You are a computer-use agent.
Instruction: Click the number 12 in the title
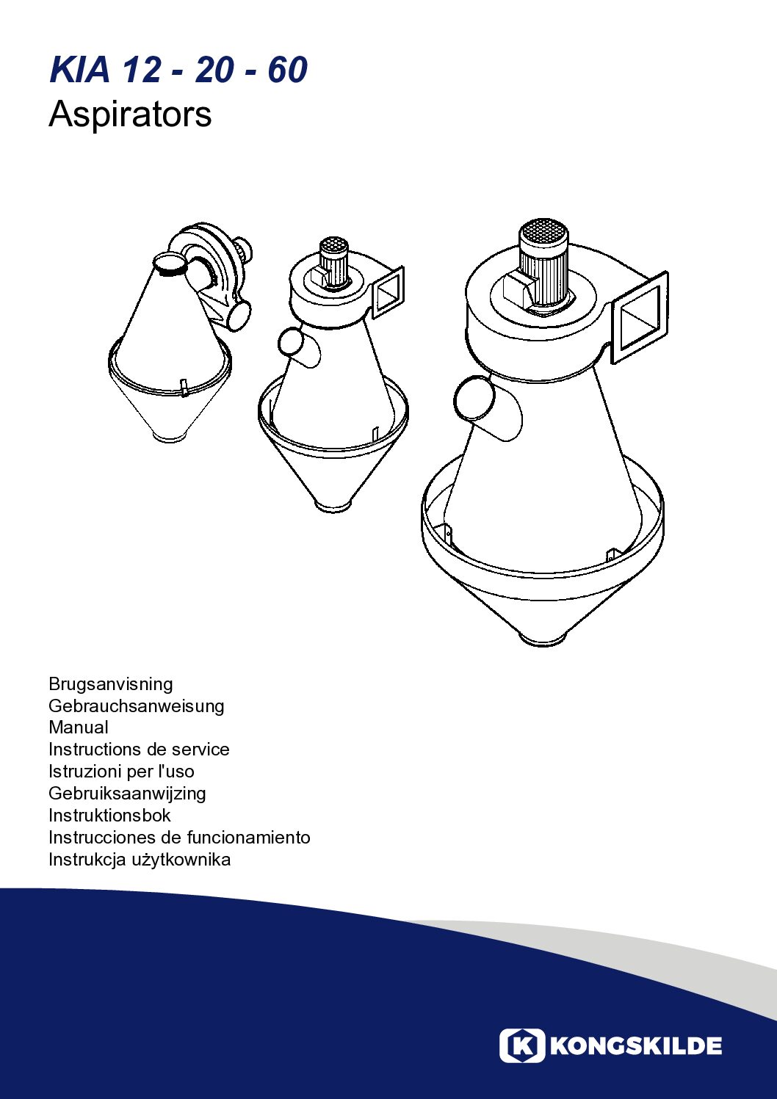pos(141,70)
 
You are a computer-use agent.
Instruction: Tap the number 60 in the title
pos(288,70)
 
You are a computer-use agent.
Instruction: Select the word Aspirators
pos(130,114)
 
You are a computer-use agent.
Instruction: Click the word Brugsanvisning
pos(110,684)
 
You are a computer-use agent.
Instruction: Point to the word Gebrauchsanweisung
pos(136,706)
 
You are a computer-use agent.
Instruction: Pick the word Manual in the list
pos(78,727)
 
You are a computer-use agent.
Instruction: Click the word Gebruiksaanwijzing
pos(127,793)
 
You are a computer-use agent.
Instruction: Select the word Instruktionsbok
pos(109,816)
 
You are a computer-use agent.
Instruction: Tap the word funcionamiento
pos(249,837)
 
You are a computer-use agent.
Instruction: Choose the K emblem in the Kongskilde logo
pos(522,1046)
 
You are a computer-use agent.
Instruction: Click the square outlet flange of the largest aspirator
pos(640,317)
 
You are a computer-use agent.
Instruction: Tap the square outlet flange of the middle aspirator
pos(388,294)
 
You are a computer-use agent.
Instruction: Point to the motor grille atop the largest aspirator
pos(543,236)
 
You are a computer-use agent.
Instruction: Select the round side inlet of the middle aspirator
pos(292,342)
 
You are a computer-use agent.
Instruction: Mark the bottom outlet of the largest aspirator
pos(543,637)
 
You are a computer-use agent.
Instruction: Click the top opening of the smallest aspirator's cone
pos(170,263)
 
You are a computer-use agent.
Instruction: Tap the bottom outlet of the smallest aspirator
pos(170,435)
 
